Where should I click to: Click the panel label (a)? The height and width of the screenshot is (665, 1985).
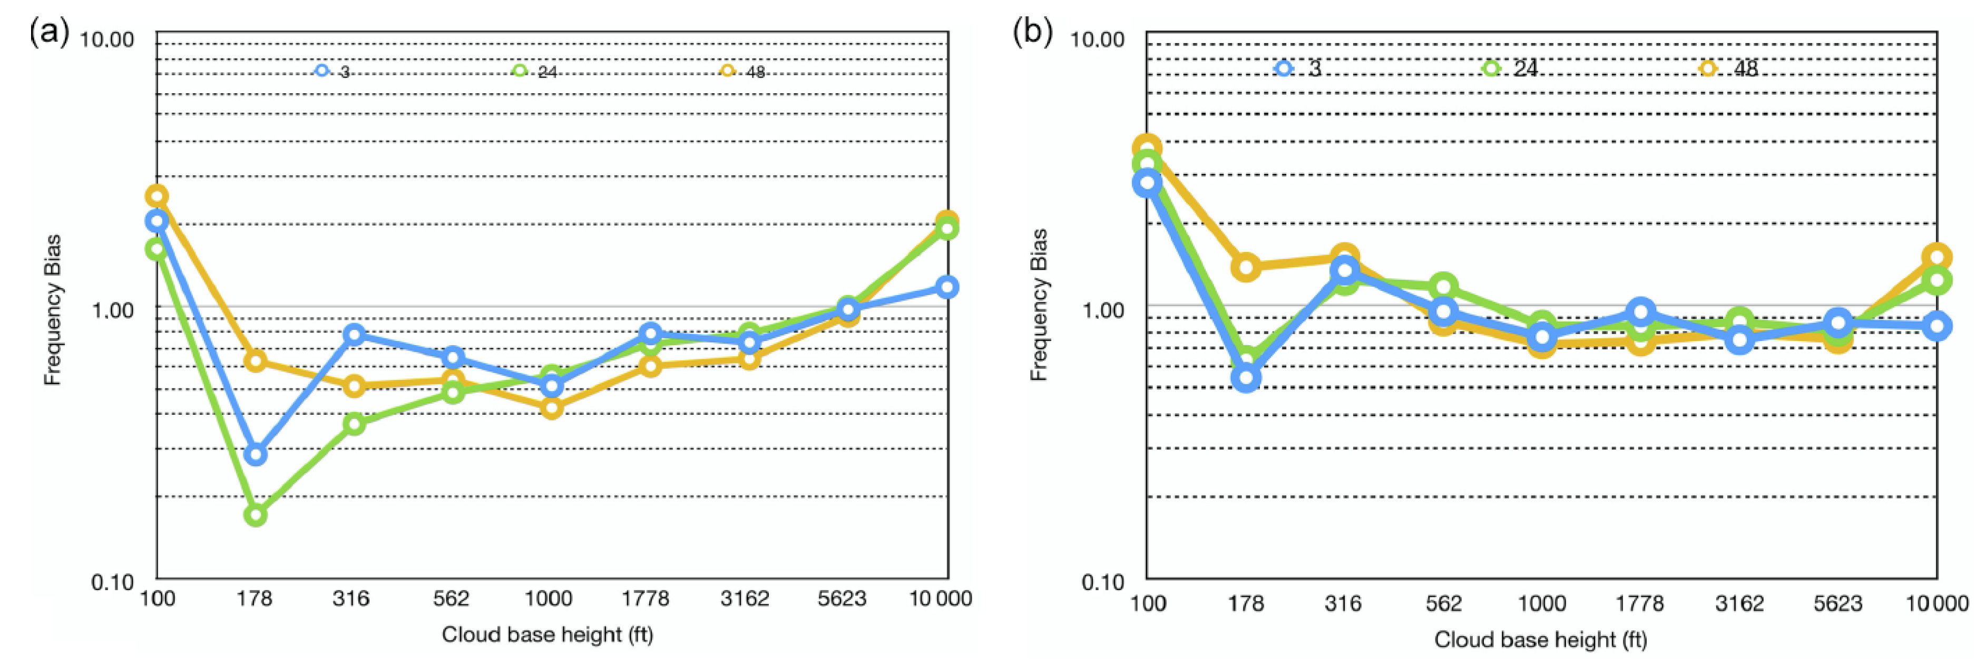pyautogui.click(x=48, y=32)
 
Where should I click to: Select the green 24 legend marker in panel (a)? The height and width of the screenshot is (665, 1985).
pyautogui.click(x=520, y=71)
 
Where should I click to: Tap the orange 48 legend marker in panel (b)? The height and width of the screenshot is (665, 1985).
pyautogui.click(x=1708, y=69)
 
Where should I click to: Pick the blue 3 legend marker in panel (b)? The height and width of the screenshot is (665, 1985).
pyautogui.click(x=1283, y=69)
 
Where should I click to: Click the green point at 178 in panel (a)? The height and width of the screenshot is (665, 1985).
pyautogui.click(x=256, y=514)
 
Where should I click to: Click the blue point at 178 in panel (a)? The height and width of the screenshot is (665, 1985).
pyautogui.click(x=256, y=454)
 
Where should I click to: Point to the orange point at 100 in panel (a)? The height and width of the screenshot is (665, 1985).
pyautogui.click(x=157, y=195)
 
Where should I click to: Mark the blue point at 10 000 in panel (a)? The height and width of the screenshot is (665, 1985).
pyautogui.click(x=947, y=287)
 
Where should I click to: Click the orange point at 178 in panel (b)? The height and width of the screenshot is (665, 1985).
pyautogui.click(x=1246, y=267)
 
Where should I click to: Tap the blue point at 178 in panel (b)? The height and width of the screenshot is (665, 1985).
pyautogui.click(x=1246, y=378)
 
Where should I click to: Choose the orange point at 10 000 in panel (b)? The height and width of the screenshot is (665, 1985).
pyautogui.click(x=1937, y=257)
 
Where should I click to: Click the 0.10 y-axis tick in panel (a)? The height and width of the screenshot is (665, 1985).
pyautogui.click(x=113, y=582)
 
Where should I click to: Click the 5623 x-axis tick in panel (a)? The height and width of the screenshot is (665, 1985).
pyautogui.click(x=842, y=599)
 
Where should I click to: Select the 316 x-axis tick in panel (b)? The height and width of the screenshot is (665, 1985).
pyautogui.click(x=1343, y=603)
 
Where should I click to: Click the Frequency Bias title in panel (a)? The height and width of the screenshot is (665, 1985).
pyautogui.click(x=52, y=310)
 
